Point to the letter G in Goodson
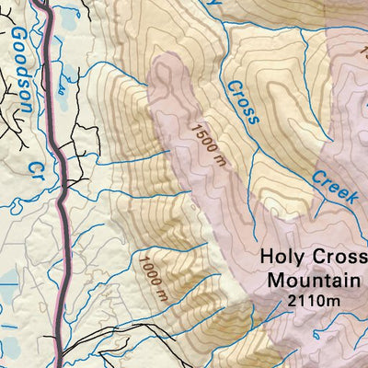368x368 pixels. coord(16,38)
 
